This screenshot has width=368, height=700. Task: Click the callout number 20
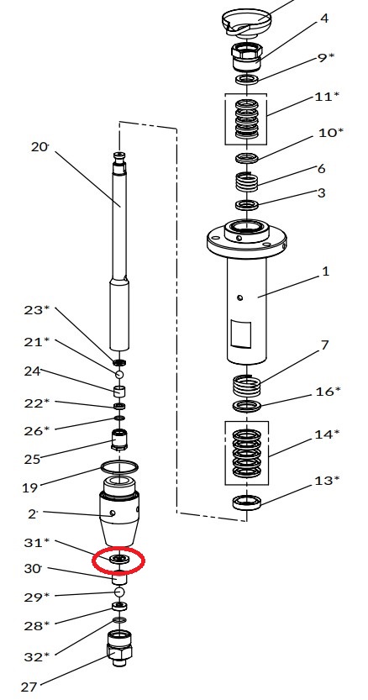click(39, 146)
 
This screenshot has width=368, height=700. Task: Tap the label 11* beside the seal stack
click(327, 97)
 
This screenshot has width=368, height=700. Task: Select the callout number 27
click(29, 687)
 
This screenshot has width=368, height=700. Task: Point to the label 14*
click(327, 434)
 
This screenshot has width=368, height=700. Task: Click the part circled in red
click(118, 559)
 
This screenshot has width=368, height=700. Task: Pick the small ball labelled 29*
click(118, 592)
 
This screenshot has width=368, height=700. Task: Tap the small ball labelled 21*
click(118, 374)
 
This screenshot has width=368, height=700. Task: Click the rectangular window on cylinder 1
click(240, 333)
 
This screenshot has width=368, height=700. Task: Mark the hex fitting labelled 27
click(118, 647)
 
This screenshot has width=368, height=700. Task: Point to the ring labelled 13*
click(246, 503)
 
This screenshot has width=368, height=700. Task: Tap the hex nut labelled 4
click(246, 55)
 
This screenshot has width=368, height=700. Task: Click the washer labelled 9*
click(247, 80)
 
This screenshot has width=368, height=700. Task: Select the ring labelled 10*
click(247, 158)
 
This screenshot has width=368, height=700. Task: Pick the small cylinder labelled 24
click(119, 391)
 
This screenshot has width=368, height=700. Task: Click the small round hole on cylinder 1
click(240, 297)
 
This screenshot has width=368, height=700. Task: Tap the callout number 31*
click(37, 542)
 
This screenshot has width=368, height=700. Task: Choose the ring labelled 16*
click(247, 406)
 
